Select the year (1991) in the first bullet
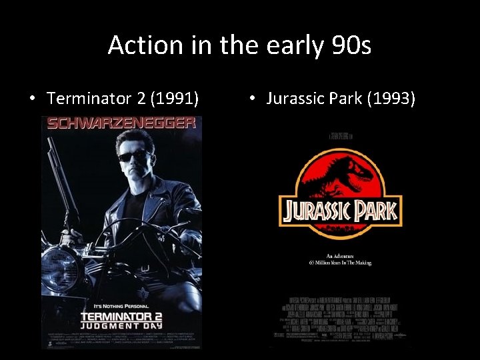tap(175, 99)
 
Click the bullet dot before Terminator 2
tap(32, 99)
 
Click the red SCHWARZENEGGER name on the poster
tap(122, 123)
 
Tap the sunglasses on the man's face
tap(134, 157)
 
